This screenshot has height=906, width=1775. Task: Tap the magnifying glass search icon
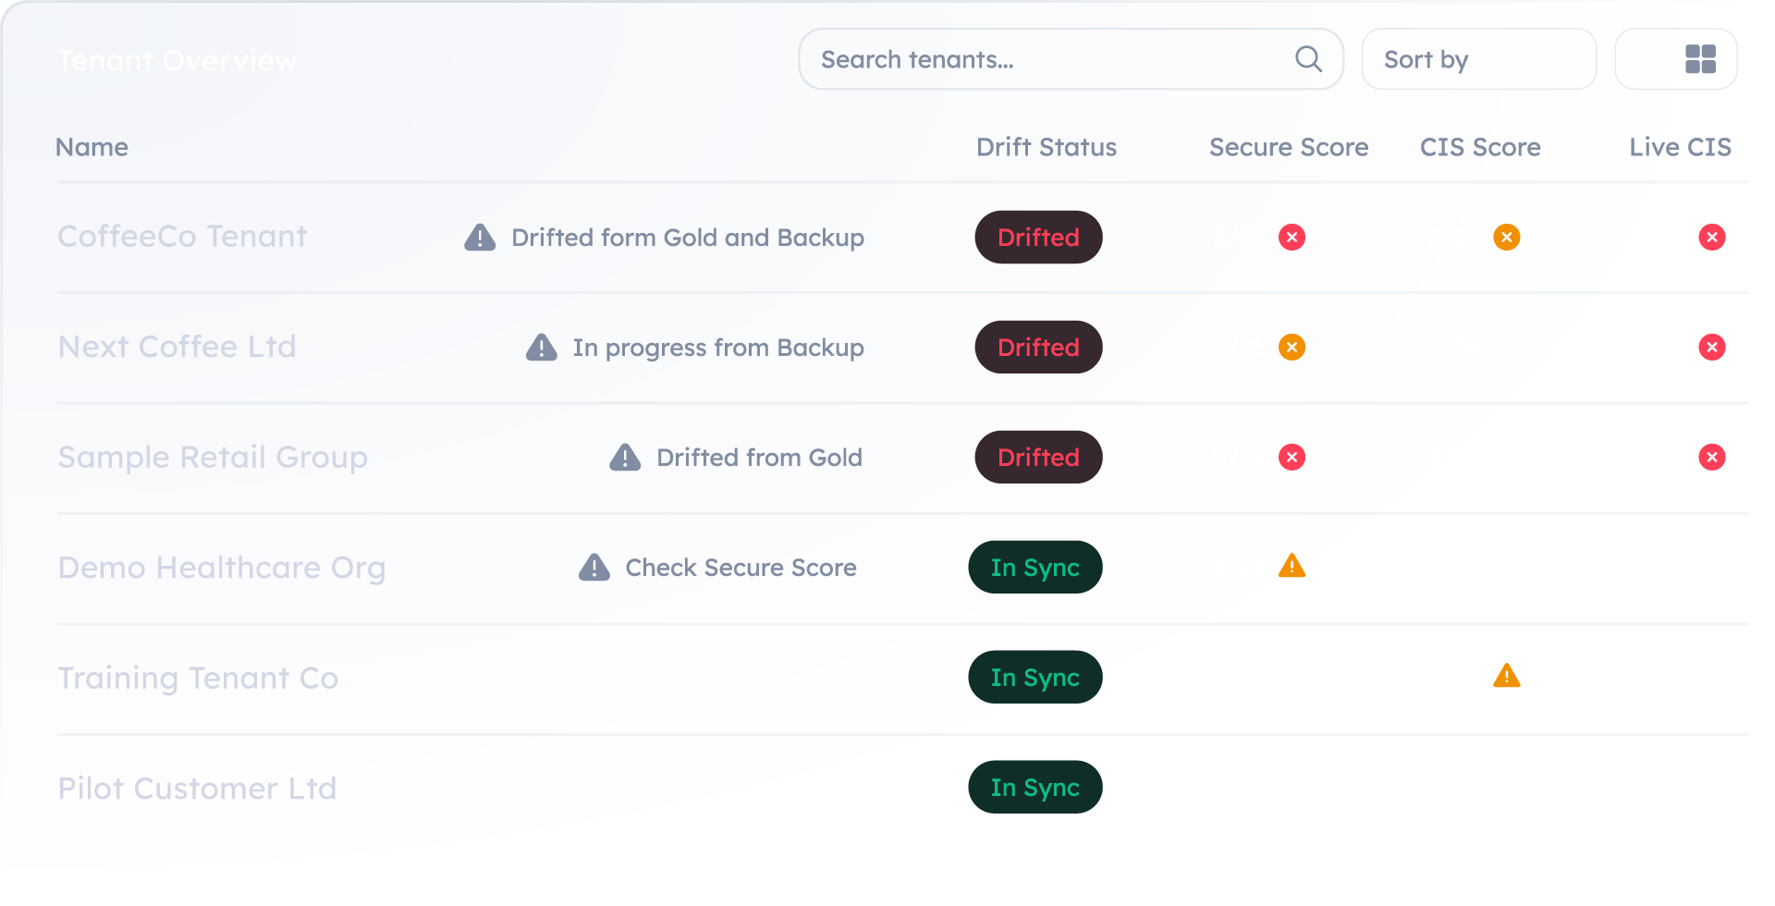click(1308, 59)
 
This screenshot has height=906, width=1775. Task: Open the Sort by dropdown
click(1478, 59)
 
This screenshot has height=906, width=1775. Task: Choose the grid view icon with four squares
click(1700, 59)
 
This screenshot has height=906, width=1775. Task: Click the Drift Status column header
click(1047, 147)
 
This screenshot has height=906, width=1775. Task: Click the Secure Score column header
click(1288, 147)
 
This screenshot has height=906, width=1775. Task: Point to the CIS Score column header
click(1480, 147)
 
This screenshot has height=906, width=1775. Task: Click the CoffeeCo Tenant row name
click(182, 237)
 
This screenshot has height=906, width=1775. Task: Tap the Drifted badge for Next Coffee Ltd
click(1038, 347)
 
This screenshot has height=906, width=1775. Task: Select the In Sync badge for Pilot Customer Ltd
click(1034, 787)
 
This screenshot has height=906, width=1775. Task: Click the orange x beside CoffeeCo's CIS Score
click(1507, 238)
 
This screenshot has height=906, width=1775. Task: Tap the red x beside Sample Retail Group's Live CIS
click(1712, 457)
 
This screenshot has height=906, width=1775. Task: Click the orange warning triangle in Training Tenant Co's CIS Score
click(1507, 677)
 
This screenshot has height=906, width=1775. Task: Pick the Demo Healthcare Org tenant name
click(222, 568)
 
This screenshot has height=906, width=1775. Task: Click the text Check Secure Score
click(741, 568)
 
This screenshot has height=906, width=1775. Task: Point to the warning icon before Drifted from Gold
click(625, 457)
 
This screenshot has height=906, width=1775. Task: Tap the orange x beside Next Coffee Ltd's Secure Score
click(1291, 348)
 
